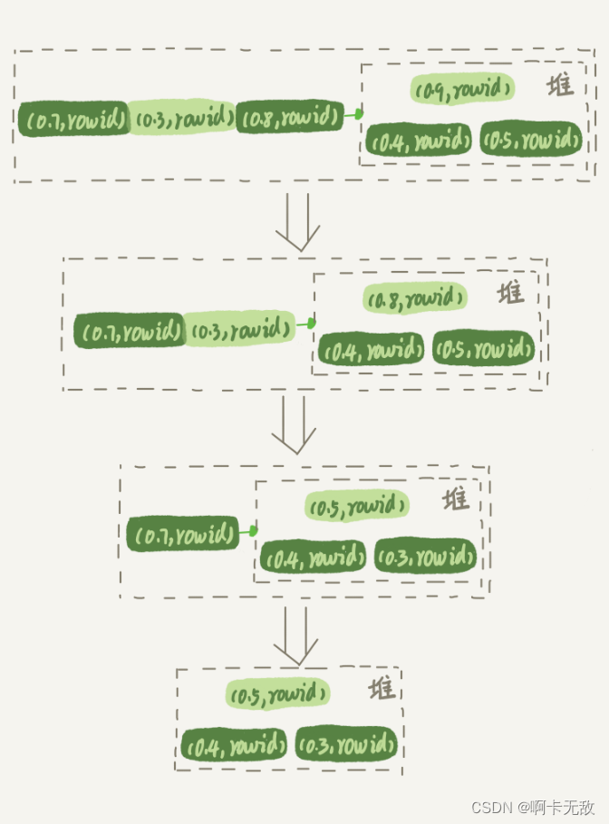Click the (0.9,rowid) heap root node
pyautogui.click(x=463, y=89)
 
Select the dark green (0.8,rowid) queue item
pyautogui.click(x=289, y=117)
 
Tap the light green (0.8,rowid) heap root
pyautogui.click(x=415, y=297)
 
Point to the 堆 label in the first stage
pyautogui.click(x=561, y=86)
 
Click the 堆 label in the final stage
pyautogui.click(x=382, y=689)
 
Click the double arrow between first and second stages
pyautogui.click(x=298, y=221)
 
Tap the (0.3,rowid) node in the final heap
pyautogui.click(x=348, y=745)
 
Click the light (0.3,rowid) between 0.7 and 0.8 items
pyautogui.click(x=182, y=118)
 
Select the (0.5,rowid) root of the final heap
pyautogui.click(x=277, y=694)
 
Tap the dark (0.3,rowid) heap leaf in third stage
pyautogui.click(x=425, y=557)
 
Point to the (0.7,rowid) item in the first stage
pyautogui.click(x=73, y=119)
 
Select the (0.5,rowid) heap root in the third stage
pyautogui.click(x=356, y=505)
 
